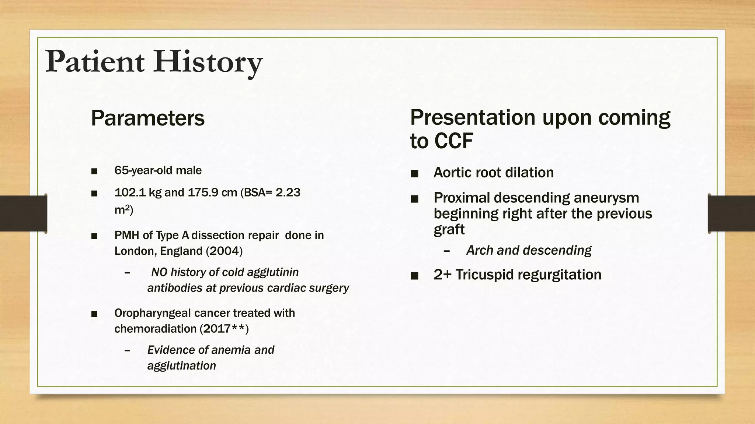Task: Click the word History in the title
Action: click(208, 62)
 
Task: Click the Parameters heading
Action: click(147, 118)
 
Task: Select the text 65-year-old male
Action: click(158, 170)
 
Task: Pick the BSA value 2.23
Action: click(288, 192)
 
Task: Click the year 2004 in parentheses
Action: click(224, 251)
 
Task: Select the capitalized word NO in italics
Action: click(159, 272)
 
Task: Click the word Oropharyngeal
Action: click(152, 313)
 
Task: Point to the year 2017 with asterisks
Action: click(224, 329)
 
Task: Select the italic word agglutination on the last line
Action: click(181, 366)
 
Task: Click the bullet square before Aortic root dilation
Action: click(414, 173)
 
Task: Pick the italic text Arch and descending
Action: click(529, 251)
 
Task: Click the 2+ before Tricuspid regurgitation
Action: click(442, 275)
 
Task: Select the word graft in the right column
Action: click(449, 230)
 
